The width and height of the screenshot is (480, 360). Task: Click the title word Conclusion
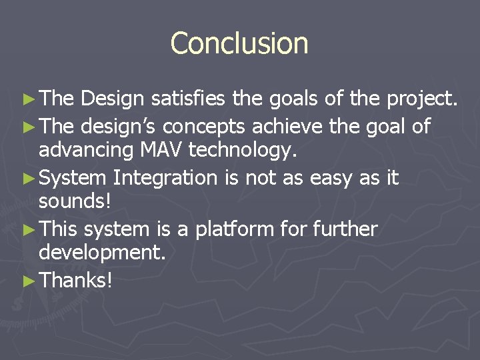tap(239, 43)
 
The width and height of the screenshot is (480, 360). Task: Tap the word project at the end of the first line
tap(422, 100)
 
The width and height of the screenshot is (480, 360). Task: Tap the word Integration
tap(165, 178)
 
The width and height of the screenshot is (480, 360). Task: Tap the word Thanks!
tap(76, 281)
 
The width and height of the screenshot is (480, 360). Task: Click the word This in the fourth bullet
tap(59, 229)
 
